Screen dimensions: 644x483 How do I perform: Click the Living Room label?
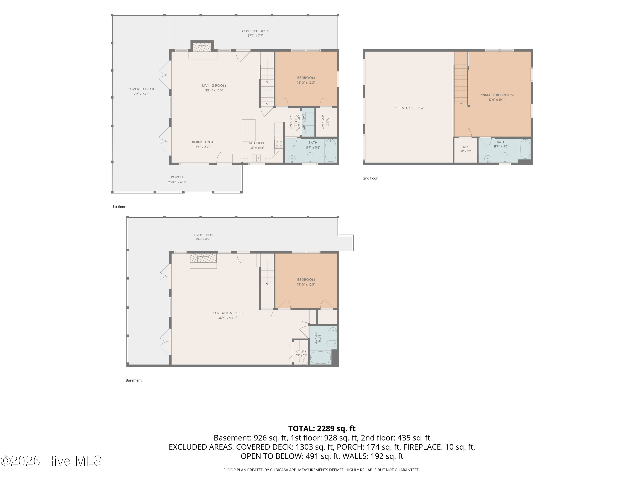[x=214, y=86]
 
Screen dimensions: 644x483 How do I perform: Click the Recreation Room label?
[x=227, y=313]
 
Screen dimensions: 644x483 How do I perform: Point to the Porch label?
[x=177, y=177]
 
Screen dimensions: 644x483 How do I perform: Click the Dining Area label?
[x=202, y=142]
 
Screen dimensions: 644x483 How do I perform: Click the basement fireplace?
[x=203, y=258]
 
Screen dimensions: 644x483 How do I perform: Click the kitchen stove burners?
[x=279, y=144]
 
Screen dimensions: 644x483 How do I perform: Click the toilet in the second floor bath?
[x=505, y=158]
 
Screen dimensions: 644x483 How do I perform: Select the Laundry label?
[x=303, y=122]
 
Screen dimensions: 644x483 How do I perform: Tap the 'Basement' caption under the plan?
[x=134, y=380]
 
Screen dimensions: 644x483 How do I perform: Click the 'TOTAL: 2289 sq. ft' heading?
[x=322, y=428]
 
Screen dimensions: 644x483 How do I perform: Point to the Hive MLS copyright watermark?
[x=51, y=461]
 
